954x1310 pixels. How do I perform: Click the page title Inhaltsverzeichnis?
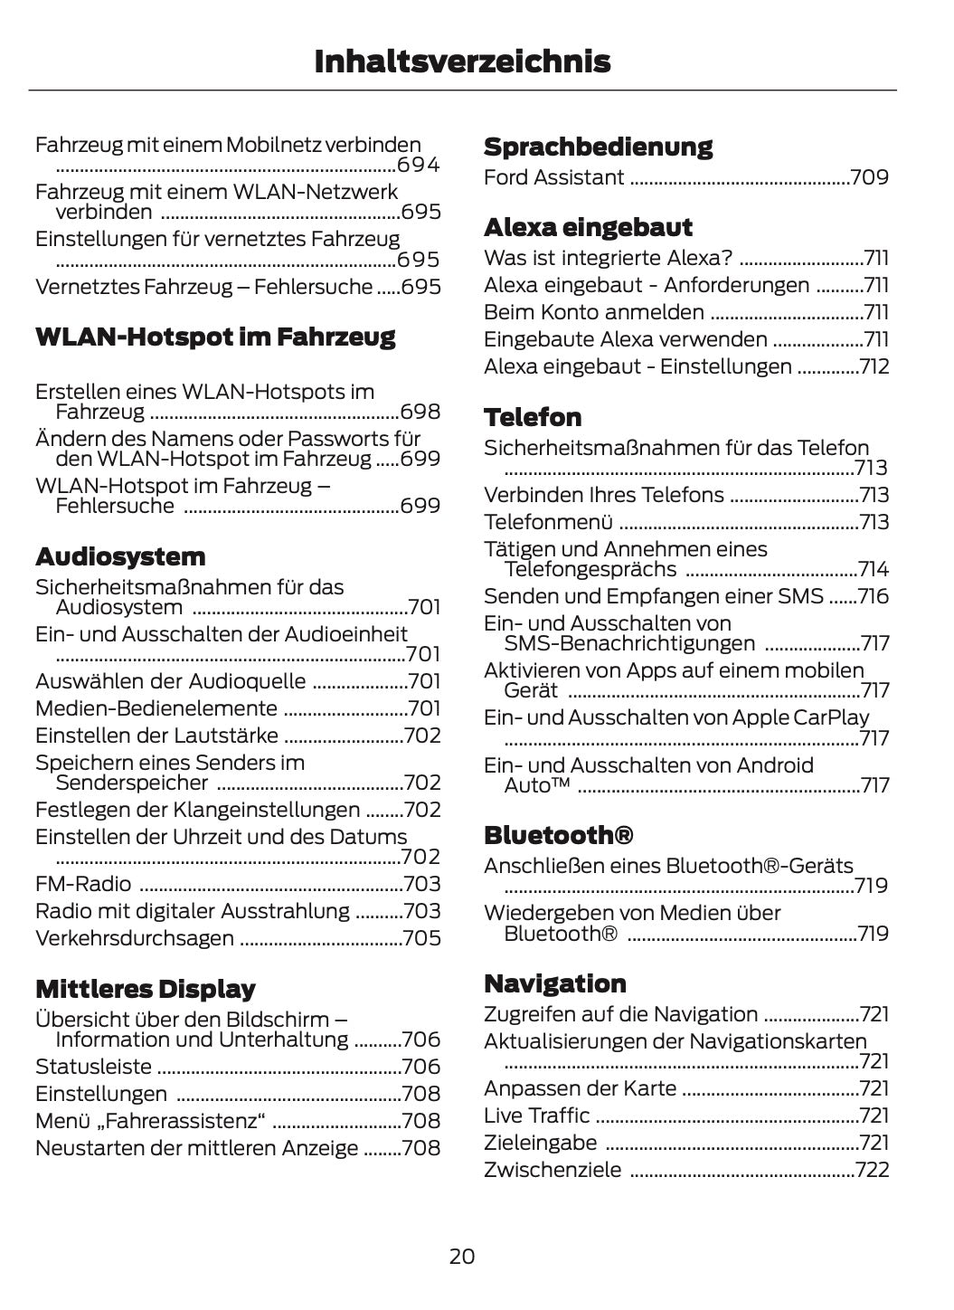click(x=462, y=62)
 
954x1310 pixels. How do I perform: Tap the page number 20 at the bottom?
click(x=461, y=1256)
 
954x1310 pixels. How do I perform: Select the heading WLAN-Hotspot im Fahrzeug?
click(x=215, y=337)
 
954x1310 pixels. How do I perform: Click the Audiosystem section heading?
click(x=120, y=555)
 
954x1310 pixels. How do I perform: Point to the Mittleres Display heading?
click(x=145, y=988)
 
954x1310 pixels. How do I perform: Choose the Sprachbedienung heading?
click(x=598, y=147)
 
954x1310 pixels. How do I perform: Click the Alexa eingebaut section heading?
click(x=588, y=226)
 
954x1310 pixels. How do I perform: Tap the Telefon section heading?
click(x=533, y=417)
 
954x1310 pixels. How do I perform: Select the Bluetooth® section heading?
click(x=558, y=834)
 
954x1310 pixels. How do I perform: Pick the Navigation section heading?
click(x=554, y=982)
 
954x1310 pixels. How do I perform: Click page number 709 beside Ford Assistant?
click(x=869, y=177)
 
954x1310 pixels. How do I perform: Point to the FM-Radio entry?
click(x=83, y=884)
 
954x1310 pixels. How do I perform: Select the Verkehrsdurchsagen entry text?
click(x=134, y=938)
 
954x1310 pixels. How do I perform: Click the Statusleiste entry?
click(x=93, y=1067)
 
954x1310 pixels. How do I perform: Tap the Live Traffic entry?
click(x=536, y=1115)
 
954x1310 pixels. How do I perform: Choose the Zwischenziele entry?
click(x=553, y=1170)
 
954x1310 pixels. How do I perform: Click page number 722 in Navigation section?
click(x=872, y=1170)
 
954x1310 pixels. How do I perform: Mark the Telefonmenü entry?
click(x=548, y=522)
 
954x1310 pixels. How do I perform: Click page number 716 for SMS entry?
click(x=874, y=596)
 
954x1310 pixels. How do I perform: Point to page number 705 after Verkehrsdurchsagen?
click(x=421, y=938)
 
